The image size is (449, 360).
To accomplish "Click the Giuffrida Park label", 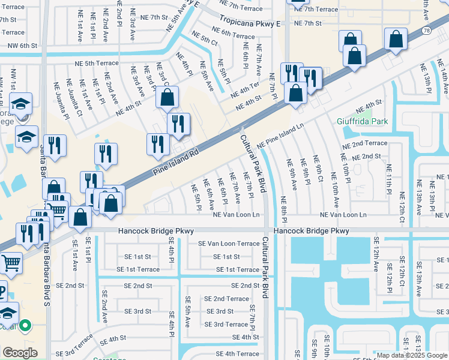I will coord(362,121).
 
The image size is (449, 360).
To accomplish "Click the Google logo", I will coord(20,353).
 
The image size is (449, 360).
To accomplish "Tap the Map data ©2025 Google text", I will coord(412,355).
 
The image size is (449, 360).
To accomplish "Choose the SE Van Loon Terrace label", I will coord(229,244).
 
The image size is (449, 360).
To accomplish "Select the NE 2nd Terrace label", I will coord(363,143).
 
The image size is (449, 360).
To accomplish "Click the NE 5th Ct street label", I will coord(206,41).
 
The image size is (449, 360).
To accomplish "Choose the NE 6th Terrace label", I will coord(235,35).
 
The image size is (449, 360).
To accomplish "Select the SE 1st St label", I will coord(227,256).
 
